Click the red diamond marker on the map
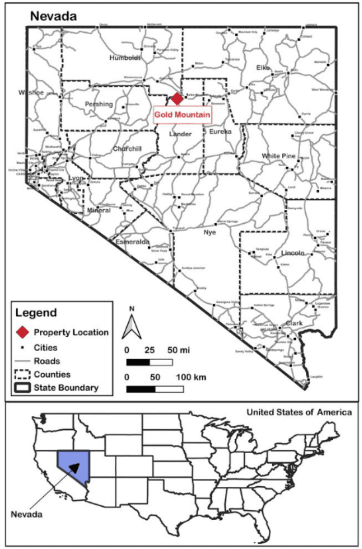click(x=177, y=99)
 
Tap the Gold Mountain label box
click(x=182, y=114)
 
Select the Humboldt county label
click(x=125, y=58)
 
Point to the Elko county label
click(x=263, y=68)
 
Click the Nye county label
click(x=210, y=232)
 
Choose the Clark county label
click(x=293, y=323)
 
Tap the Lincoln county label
click(x=293, y=253)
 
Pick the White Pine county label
click(x=278, y=156)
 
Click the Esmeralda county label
click(x=133, y=242)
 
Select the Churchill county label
click(x=127, y=149)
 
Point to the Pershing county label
click(x=98, y=104)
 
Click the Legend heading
click(x=36, y=313)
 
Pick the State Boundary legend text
click(x=66, y=388)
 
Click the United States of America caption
click(x=299, y=412)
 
